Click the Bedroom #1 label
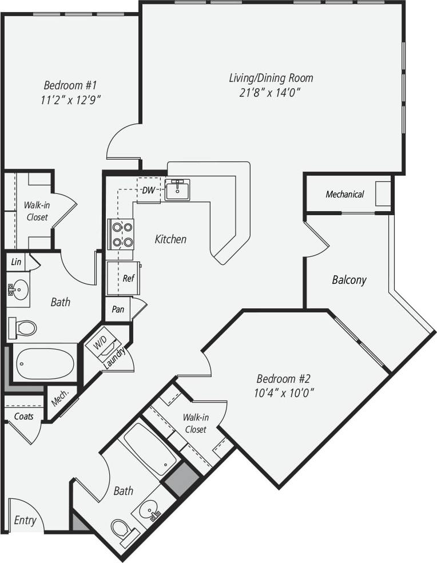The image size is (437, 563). click(71, 85)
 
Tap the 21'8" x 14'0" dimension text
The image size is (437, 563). click(271, 93)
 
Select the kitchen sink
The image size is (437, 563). click(178, 189)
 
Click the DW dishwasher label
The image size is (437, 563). click(149, 190)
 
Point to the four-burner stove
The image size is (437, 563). click(121, 235)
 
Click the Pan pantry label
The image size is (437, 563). click(118, 310)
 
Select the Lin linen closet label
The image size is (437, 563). click(16, 262)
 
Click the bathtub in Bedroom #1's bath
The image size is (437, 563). click(44, 363)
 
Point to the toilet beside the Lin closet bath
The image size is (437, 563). click(23, 328)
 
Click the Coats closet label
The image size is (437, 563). click(23, 416)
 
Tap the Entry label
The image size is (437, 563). click(25, 520)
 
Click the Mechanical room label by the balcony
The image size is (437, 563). click(344, 195)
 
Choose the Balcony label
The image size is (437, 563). click(349, 280)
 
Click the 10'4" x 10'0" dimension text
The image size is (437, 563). click(285, 393)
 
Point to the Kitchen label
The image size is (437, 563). click(170, 239)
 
